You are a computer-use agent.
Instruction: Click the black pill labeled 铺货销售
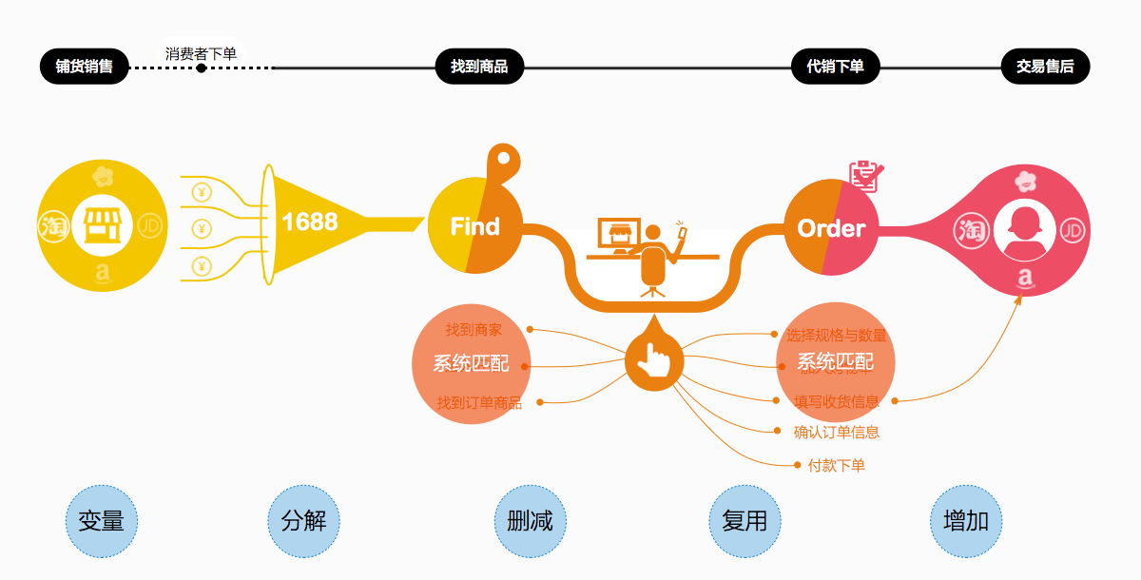click(x=84, y=67)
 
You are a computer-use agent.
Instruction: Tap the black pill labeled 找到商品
click(x=479, y=67)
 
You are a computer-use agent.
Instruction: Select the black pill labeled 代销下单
click(x=836, y=67)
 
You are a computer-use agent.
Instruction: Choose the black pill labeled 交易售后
click(x=1045, y=67)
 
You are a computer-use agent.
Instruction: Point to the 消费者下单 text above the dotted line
click(x=201, y=53)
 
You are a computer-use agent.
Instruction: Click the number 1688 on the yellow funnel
click(x=309, y=222)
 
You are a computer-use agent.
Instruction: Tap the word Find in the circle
click(x=474, y=226)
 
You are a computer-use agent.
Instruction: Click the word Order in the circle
click(x=831, y=228)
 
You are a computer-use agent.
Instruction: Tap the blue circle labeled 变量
click(x=102, y=521)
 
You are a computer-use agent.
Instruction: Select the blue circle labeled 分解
click(x=304, y=521)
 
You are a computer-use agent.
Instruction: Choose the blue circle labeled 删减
click(x=530, y=521)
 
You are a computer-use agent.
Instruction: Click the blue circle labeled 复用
click(x=745, y=521)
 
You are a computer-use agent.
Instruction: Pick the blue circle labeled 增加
click(x=965, y=521)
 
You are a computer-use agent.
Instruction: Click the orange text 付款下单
click(x=836, y=466)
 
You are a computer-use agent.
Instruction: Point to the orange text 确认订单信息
click(x=836, y=433)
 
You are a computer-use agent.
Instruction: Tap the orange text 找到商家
click(x=474, y=330)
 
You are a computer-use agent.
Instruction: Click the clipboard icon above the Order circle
click(x=865, y=174)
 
